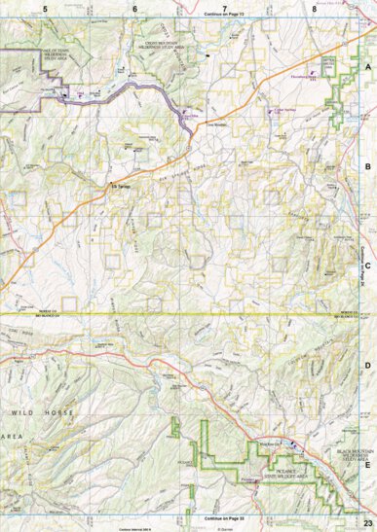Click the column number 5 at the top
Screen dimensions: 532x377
45,8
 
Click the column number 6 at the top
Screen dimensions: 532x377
134,8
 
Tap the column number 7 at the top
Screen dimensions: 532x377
224,8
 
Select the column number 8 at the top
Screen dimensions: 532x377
314,8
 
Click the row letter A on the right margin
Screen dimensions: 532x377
367,67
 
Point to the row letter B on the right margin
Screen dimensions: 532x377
367,166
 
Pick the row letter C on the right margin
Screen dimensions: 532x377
367,265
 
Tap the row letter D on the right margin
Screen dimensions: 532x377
367,365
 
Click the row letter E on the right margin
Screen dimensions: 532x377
367,464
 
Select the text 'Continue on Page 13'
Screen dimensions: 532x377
224,16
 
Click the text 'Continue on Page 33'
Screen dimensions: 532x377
224,517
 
